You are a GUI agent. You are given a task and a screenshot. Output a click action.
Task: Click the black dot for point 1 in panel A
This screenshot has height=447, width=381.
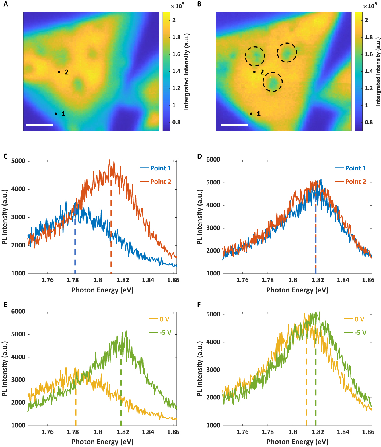56,114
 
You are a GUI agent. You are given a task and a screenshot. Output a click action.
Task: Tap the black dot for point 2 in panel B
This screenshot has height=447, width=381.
254,72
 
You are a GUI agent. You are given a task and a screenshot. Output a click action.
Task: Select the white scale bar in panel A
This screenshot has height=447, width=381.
39,125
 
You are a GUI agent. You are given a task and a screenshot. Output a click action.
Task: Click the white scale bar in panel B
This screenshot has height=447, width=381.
234,125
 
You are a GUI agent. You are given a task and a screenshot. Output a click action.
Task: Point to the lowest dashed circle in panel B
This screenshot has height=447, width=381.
273,82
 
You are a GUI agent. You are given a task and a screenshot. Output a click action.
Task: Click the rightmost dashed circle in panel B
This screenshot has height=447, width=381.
287,52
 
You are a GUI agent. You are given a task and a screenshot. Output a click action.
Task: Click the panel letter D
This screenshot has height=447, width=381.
199,156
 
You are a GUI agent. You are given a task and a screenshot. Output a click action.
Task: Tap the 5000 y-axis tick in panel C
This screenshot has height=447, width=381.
18,161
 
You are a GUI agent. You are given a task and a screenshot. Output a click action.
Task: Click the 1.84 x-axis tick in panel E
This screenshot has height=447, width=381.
148,432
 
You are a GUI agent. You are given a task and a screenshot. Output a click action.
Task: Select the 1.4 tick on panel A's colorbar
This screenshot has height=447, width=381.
176,71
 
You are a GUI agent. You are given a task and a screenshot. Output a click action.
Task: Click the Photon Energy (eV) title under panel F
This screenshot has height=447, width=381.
297,442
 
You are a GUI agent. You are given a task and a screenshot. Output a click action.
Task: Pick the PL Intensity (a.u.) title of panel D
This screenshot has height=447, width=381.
199,217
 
